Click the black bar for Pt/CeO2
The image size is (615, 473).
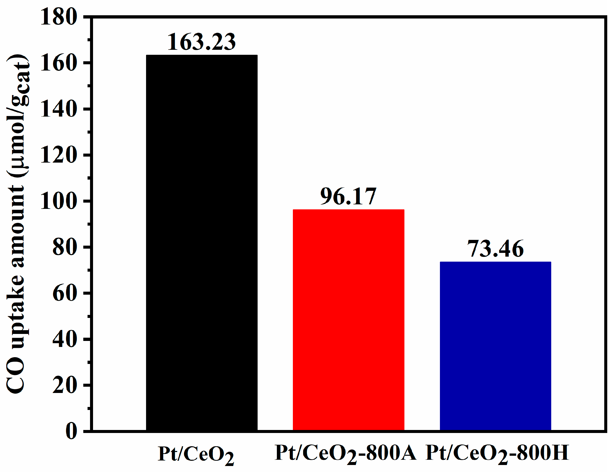[202, 242]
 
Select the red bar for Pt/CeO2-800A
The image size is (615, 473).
[348, 320]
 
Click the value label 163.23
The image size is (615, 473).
[202, 42]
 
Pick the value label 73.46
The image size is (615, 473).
[495, 248]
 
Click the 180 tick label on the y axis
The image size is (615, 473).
[59, 17]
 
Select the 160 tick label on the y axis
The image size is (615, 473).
[59, 63]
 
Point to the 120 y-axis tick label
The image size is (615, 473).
[59, 155]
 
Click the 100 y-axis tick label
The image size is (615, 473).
[59, 201]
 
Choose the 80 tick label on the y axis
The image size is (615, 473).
[65, 247]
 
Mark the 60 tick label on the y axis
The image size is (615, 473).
[65, 293]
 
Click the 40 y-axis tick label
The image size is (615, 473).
[65, 339]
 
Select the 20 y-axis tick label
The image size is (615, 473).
[65, 385]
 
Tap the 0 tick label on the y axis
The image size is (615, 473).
[71, 431]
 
